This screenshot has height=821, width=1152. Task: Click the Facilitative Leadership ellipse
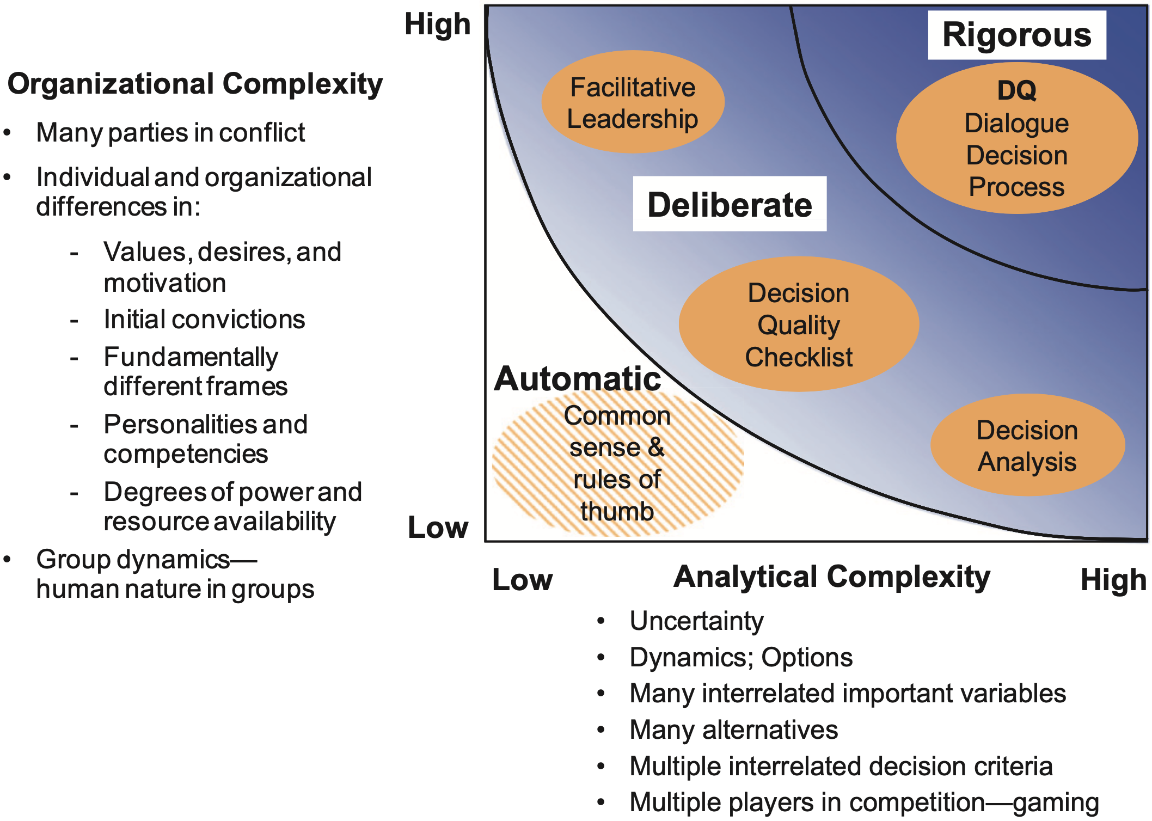coord(633,102)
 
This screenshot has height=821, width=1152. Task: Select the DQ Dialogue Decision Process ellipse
coord(1016,139)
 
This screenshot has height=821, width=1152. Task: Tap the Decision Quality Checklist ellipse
coord(799,324)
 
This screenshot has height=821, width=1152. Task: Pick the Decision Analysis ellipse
coord(1027,445)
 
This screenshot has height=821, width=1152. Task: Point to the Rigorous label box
coord(1017,35)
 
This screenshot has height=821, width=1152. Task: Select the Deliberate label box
coord(730,205)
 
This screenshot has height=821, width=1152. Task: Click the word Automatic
coord(577,379)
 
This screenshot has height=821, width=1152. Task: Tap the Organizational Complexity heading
coord(195,84)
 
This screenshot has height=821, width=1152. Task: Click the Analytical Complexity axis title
coord(832,577)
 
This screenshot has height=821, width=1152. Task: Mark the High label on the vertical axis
coord(437,24)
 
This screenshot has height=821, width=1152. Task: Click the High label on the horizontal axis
coord(1113,580)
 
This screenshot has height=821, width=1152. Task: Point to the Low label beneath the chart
coord(522,580)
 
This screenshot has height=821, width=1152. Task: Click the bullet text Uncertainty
coord(696,621)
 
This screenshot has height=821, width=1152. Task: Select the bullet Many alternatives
coord(733,730)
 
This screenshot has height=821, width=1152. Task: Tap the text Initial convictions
coord(204,320)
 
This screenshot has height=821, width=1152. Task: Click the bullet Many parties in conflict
coord(170,133)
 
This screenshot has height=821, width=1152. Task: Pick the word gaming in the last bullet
coord(1056,802)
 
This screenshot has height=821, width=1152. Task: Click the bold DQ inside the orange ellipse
coord(1016,90)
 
